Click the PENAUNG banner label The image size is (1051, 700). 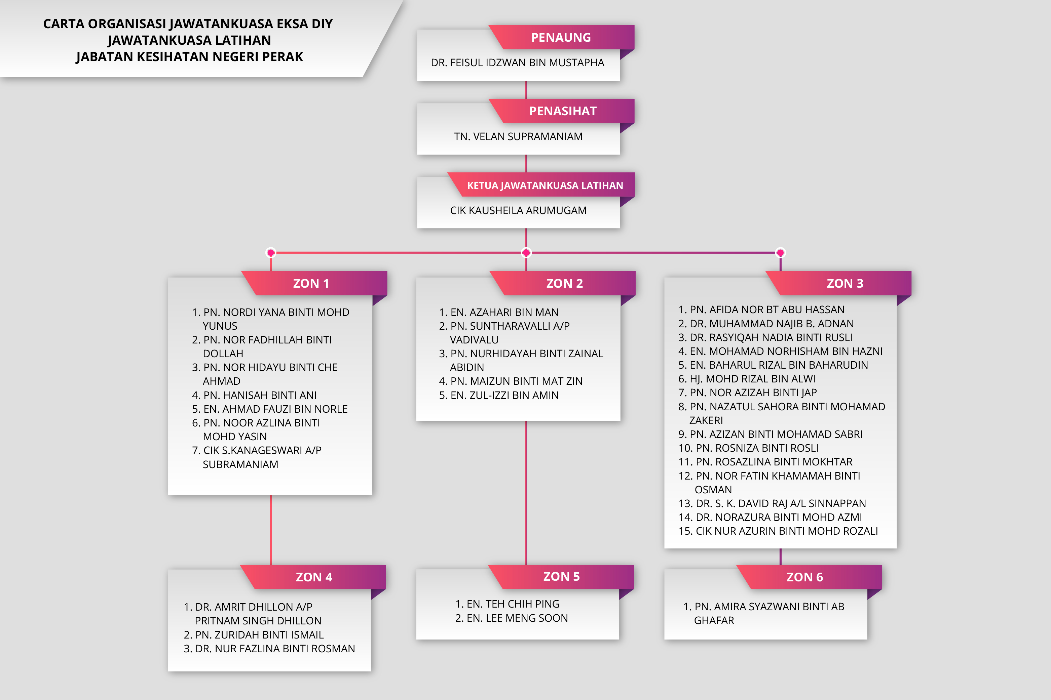click(561, 38)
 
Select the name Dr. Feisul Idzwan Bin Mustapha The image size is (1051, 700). click(517, 63)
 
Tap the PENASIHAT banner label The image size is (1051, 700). click(562, 111)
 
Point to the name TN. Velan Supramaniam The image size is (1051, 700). click(518, 137)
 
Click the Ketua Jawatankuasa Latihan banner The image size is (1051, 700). click(545, 185)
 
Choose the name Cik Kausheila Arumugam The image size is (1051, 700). click(518, 210)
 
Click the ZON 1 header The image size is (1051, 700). click(311, 284)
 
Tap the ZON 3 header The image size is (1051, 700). click(844, 284)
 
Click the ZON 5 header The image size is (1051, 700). click(561, 577)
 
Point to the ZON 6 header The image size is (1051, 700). click(804, 577)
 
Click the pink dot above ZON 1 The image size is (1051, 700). click(271, 253)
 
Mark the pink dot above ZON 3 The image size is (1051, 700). click(780, 253)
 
